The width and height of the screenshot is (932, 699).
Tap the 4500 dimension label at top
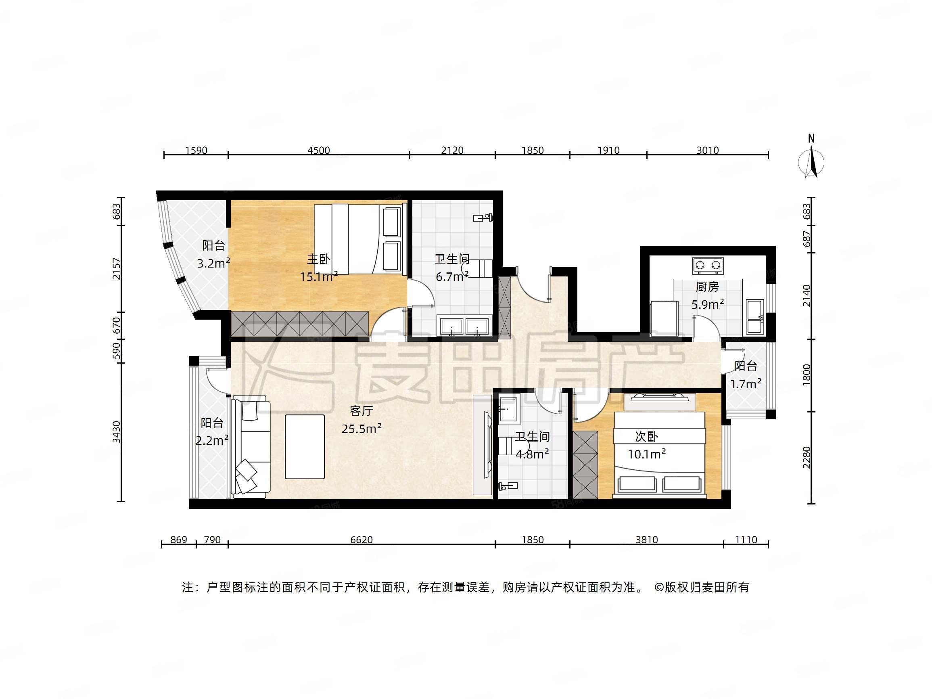318,151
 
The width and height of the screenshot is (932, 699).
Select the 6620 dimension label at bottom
362,540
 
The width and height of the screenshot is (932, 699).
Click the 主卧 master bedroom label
318,259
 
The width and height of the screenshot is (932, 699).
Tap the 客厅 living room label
361,410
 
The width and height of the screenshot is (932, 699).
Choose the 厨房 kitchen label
707,287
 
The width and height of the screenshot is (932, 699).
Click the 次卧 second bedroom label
646,437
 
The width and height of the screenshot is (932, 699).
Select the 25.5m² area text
362,429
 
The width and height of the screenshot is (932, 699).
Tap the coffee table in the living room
305,447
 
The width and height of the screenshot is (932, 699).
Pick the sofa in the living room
251,447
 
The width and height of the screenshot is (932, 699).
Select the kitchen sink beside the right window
754,316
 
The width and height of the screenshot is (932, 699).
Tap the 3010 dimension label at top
707,151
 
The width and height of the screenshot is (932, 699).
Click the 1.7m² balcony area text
746,384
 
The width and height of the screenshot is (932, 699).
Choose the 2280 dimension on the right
807,457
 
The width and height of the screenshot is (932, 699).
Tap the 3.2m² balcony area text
213,264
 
